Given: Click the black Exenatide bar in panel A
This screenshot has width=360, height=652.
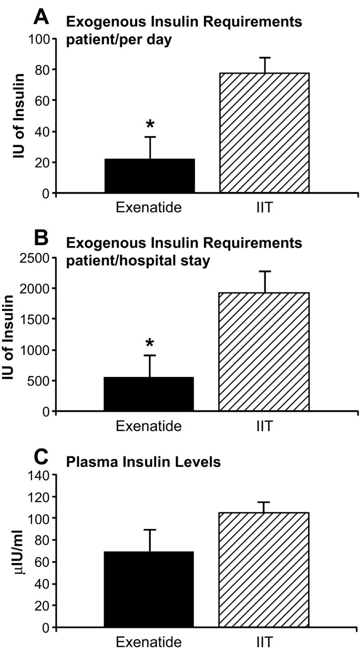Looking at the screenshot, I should click(150, 176).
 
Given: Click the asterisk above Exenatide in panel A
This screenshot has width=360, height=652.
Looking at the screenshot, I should click(150, 125).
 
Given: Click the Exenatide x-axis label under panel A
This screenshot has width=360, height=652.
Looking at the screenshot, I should click(149, 207).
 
